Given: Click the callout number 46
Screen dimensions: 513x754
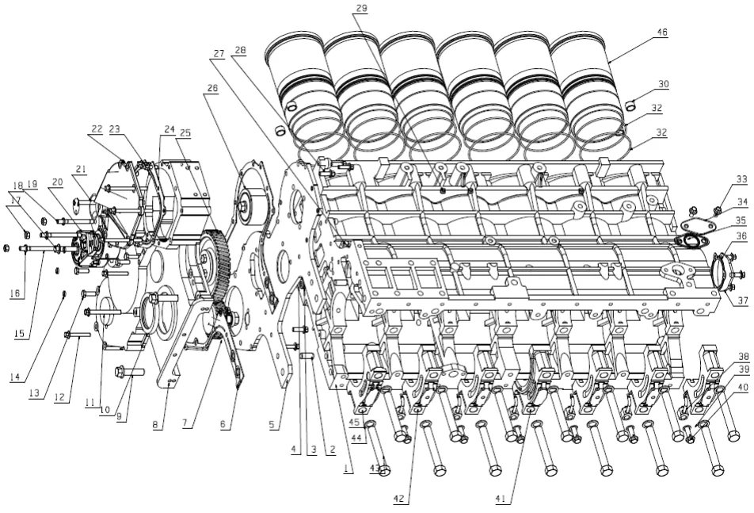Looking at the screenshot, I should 661,33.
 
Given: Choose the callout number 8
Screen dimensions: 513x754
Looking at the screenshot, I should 158,426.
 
